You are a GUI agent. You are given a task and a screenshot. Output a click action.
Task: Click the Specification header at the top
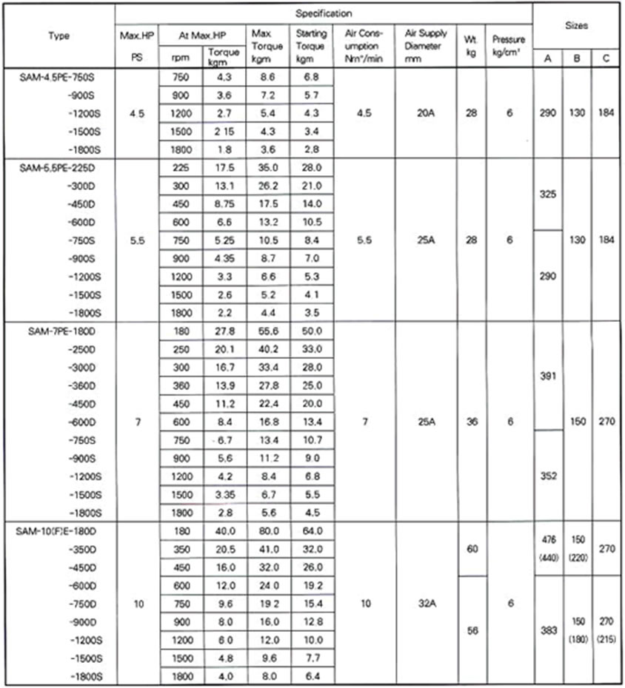tap(324, 13)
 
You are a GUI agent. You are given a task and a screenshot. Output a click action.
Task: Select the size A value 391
tap(547, 376)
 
